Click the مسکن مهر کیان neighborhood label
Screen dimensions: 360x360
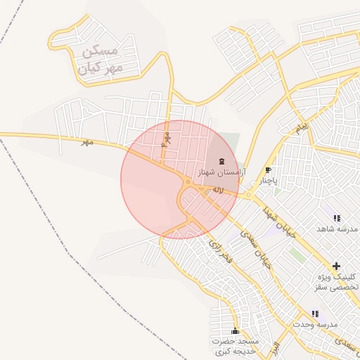click(101, 59)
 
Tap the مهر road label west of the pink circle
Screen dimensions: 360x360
click(86, 142)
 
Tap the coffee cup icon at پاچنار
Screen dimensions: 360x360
click(268, 170)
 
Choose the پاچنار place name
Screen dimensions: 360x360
click(266, 181)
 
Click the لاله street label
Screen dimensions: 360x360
click(218, 191)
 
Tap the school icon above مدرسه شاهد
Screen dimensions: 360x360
click(337, 218)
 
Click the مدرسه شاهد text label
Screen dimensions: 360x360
click(337, 229)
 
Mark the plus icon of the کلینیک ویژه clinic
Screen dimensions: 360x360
click(336, 266)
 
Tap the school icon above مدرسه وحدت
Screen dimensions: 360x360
click(315, 314)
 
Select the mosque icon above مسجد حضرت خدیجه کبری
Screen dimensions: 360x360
click(235, 330)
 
